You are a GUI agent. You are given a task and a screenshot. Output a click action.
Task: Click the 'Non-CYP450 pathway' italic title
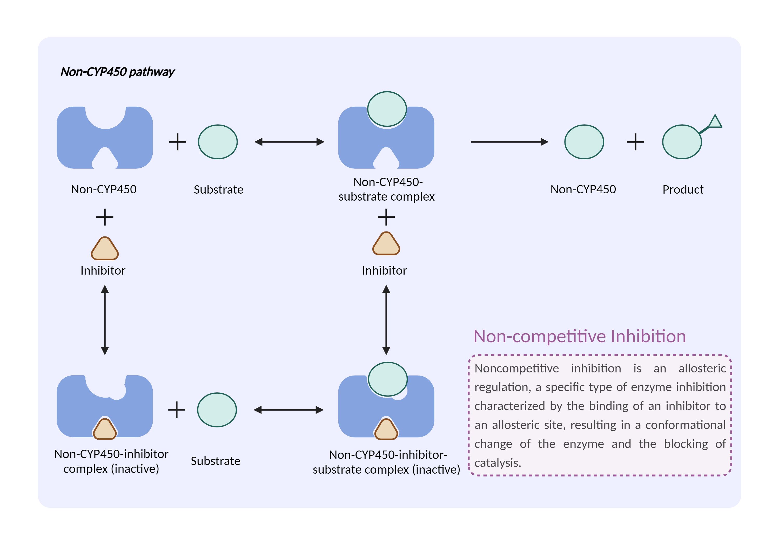[117, 72]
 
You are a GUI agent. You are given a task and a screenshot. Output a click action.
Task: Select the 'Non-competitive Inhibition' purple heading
[580, 336]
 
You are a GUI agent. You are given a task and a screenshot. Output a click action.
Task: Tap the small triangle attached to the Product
[715, 122]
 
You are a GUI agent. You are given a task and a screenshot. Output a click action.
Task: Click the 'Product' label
[683, 189]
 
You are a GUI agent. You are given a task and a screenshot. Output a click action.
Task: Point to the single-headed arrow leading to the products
[509, 142]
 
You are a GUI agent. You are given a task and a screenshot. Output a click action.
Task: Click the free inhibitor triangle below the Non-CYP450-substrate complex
[386, 244]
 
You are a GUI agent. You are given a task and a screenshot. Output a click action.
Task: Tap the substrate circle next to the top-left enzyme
[218, 142]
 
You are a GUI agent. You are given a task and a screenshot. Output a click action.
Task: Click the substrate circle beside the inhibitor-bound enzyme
[217, 410]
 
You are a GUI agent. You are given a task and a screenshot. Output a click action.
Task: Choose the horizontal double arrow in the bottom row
[289, 410]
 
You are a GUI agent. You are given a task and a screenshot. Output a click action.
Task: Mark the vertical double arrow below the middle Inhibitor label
[386, 320]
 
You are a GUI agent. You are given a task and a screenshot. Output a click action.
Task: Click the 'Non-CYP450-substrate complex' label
[387, 189]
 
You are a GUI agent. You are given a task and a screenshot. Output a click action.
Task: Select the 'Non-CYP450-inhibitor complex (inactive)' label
[111, 461]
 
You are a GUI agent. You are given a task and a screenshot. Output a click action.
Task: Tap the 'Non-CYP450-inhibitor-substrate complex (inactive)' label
[387, 462]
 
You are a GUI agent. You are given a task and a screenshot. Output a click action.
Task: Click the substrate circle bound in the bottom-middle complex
[387, 379]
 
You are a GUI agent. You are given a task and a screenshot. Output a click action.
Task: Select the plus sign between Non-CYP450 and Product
[635, 142]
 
